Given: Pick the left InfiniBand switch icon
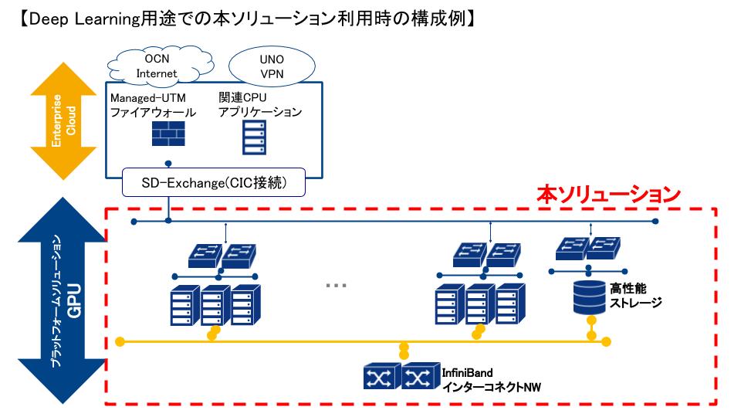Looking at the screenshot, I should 381,376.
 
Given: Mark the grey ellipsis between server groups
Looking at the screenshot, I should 336,285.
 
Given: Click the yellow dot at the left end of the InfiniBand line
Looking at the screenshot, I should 119,341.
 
